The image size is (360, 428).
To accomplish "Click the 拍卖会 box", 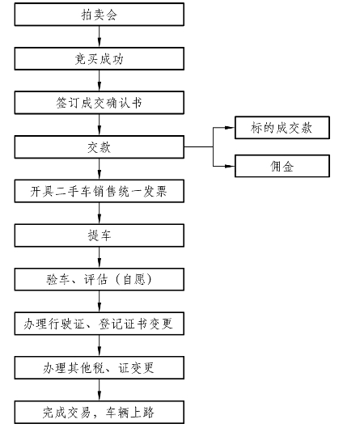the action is pyautogui.click(x=100, y=15).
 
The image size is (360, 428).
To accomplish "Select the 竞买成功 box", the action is pyautogui.click(x=100, y=59).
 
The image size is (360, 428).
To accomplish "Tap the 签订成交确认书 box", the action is pyautogui.click(x=100, y=103).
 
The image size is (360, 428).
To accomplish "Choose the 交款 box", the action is pyautogui.click(x=100, y=147).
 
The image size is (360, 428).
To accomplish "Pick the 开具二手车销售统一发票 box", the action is pyautogui.click(x=100, y=191).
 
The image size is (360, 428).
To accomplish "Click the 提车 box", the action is pyautogui.click(x=100, y=235).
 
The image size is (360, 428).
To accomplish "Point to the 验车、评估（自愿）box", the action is pyautogui.click(x=100, y=279).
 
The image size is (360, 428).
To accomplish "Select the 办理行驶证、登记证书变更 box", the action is pyautogui.click(x=100, y=324).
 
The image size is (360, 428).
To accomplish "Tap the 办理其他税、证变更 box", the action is pyautogui.click(x=100, y=367).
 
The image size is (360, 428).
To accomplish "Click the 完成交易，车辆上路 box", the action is pyautogui.click(x=100, y=412).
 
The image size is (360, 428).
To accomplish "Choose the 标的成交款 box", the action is pyautogui.click(x=282, y=128).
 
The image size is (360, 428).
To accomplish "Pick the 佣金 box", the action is pyautogui.click(x=282, y=166).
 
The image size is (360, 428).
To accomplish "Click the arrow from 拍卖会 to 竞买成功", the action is pyautogui.click(x=100, y=36).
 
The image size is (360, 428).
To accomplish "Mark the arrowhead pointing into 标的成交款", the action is pyautogui.click(x=230, y=128).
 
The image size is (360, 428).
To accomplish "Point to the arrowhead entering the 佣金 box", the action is pyautogui.click(x=230, y=166).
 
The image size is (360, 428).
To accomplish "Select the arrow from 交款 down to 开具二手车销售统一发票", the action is pyautogui.click(x=100, y=169).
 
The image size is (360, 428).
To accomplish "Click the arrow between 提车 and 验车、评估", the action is pyautogui.click(x=100, y=257).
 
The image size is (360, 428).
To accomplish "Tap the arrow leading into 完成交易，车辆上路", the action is pyautogui.click(x=100, y=390).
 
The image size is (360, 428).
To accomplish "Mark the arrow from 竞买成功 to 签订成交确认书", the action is pyautogui.click(x=100, y=81).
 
